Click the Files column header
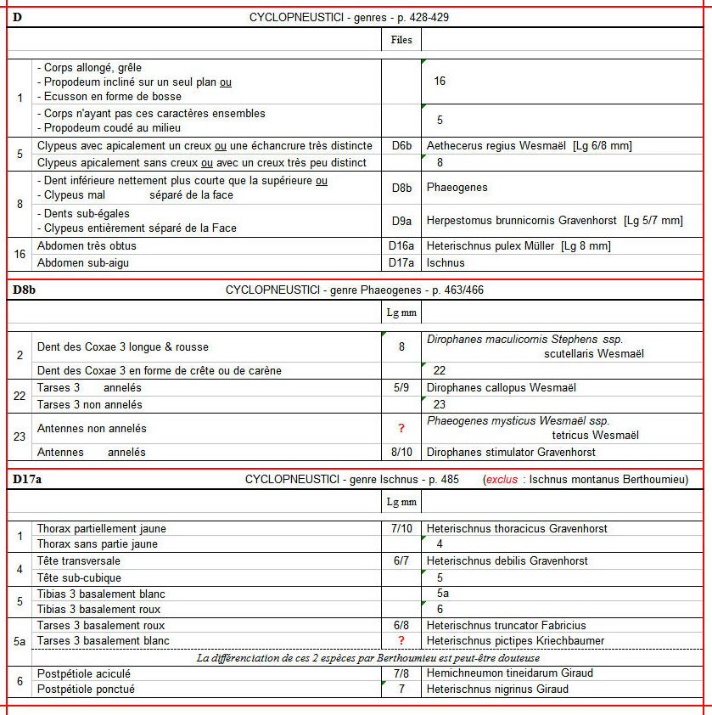[401, 39]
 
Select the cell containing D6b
[401, 146]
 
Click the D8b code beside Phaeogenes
[401, 188]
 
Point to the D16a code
[401, 246]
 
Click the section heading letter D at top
[17, 17]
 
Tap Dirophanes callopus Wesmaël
[502, 387]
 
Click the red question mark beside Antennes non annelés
[401, 429]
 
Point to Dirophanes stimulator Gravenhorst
[511, 452]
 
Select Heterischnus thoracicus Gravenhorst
[517, 528]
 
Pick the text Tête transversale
[79, 560]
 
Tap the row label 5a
[20, 633]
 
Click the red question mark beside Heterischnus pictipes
[401, 640]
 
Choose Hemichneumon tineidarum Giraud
[510, 673]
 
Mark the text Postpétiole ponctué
[86, 689]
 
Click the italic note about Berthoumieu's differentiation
[367, 657]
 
